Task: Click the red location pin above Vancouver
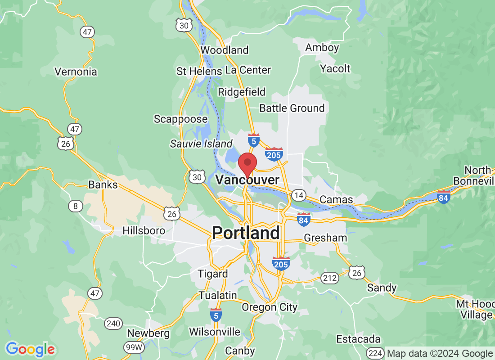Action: [247, 163]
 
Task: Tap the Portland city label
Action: [246, 233]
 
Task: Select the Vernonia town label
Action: [76, 72]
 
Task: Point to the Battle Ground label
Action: [292, 108]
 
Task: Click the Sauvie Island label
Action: [201, 144]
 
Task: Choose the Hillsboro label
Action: [144, 231]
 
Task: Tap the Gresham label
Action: [325, 238]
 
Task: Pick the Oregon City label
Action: [270, 307]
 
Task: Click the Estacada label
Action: [359, 339]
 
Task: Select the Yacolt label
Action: [335, 68]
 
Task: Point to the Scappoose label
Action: [180, 119]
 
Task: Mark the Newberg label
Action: [148, 333]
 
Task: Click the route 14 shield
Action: [298, 195]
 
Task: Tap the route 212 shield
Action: [330, 278]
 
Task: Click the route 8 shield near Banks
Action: [75, 206]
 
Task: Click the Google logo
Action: [30, 349]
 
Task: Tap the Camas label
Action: [336, 199]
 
